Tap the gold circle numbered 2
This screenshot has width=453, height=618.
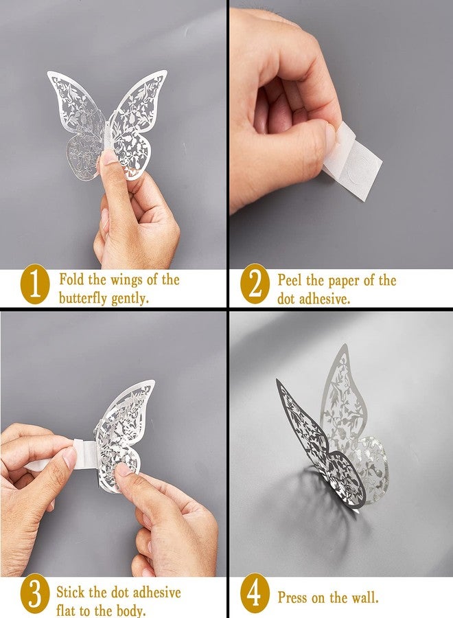[255, 288]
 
